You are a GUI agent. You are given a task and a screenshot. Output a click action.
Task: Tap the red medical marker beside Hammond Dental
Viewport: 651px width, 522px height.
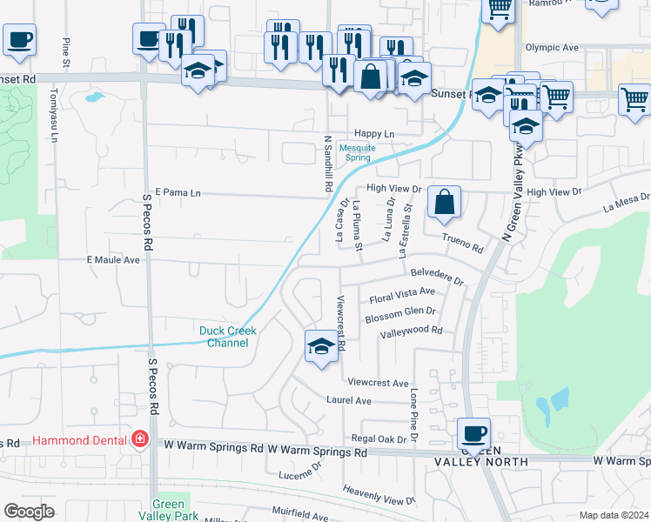pyautogui.click(x=139, y=440)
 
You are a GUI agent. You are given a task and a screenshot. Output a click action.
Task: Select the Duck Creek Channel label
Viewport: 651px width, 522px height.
pyautogui.click(x=224, y=337)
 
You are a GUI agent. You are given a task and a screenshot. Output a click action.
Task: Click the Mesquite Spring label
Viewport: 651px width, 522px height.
pyautogui.click(x=357, y=153)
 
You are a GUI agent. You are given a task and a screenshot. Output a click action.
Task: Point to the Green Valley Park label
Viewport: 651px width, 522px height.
pyautogui.click(x=168, y=510)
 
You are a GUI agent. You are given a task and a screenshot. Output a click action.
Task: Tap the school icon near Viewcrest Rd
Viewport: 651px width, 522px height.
pyautogui.click(x=321, y=347)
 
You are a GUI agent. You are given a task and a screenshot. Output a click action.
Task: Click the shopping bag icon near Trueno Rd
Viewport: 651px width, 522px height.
pyautogui.click(x=444, y=203)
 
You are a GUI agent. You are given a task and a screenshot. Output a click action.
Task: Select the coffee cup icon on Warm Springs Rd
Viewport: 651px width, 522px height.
pyautogui.click(x=474, y=433)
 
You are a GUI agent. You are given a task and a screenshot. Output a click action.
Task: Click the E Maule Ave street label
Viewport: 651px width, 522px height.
pyautogui.click(x=113, y=260)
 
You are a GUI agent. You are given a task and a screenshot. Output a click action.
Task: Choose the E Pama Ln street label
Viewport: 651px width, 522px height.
pyautogui.click(x=178, y=192)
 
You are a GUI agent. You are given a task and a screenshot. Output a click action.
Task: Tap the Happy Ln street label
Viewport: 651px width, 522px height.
pyautogui.click(x=374, y=134)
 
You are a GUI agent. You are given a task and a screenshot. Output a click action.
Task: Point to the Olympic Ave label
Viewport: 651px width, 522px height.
pyautogui.click(x=552, y=47)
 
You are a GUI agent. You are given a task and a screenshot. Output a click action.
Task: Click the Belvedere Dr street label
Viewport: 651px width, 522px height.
pyautogui.click(x=438, y=277)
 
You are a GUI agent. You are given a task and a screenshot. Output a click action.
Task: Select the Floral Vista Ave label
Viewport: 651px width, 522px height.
pyautogui.click(x=402, y=294)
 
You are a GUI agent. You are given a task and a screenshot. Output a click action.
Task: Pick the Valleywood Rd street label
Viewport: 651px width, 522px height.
pyautogui.click(x=411, y=331)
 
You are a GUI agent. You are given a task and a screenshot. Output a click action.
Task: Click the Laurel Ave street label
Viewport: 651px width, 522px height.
pyautogui.click(x=348, y=401)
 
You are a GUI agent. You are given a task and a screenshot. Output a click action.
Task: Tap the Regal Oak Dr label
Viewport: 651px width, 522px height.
pyautogui.click(x=379, y=439)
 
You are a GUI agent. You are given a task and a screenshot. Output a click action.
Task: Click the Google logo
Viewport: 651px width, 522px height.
pyautogui.click(x=29, y=511)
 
